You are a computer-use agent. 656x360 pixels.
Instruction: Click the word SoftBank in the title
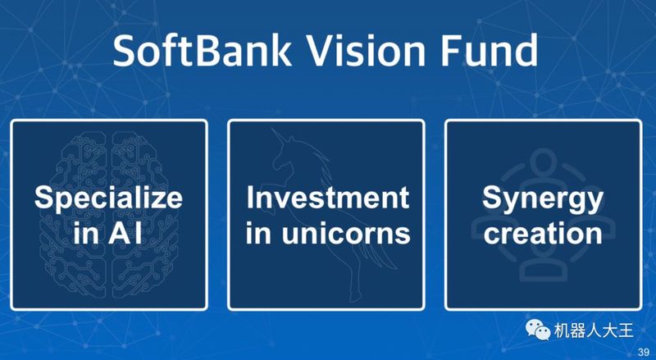pyautogui.click(x=202, y=50)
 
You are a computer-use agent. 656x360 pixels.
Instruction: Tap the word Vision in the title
pyautogui.click(x=365, y=50)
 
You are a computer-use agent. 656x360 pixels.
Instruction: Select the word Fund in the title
pyautogui.click(x=488, y=50)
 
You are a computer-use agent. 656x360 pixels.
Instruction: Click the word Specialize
pyautogui.click(x=108, y=198)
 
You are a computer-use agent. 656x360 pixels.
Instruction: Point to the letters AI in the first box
pyautogui.click(x=125, y=233)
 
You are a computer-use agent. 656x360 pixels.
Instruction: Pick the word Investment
pyautogui.click(x=327, y=198)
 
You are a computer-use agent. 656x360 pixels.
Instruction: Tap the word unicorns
pyautogui.click(x=346, y=234)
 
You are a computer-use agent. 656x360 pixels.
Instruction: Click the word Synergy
pyautogui.click(x=543, y=199)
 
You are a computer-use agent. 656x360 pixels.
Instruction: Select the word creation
pyautogui.click(x=543, y=234)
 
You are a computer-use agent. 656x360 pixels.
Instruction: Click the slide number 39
pyautogui.click(x=644, y=351)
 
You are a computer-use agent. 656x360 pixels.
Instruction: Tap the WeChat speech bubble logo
pyautogui.click(x=538, y=330)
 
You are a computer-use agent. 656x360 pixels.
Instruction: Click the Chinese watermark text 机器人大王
pyautogui.click(x=594, y=330)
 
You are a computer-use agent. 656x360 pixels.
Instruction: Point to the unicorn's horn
pyautogui.click(x=279, y=137)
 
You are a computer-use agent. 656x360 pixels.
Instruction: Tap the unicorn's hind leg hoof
pyautogui.click(x=353, y=298)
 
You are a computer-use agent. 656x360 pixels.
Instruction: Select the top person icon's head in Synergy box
pyautogui.click(x=544, y=162)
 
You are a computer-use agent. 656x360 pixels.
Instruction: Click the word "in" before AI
pyautogui.click(x=87, y=233)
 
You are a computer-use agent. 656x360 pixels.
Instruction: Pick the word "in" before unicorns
pyautogui.click(x=258, y=233)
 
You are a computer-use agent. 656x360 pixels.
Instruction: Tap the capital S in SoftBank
pyautogui.click(x=125, y=50)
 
